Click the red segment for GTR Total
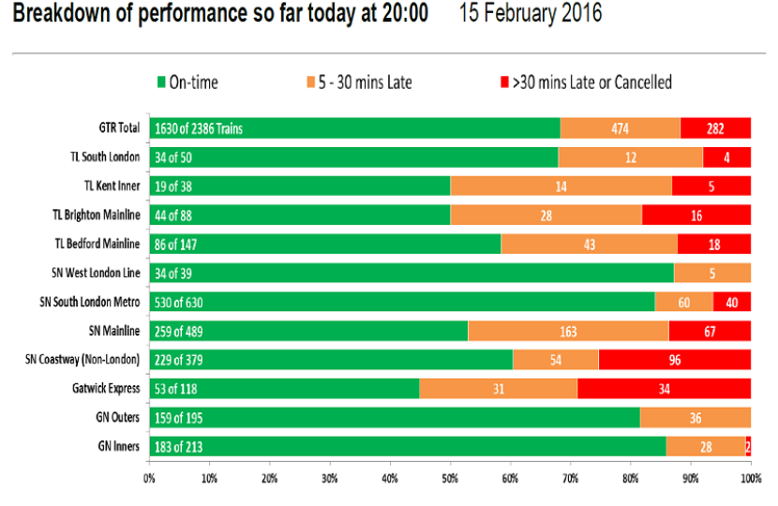(x=715, y=128)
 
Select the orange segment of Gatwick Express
(x=498, y=389)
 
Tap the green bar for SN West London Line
(x=411, y=273)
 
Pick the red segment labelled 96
(x=674, y=360)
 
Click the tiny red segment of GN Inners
(x=748, y=446)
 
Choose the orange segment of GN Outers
(x=696, y=418)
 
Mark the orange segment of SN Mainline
(x=568, y=331)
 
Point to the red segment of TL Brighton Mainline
(x=696, y=216)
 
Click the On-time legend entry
(x=187, y=82)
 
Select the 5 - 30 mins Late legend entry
(x=359, y=82)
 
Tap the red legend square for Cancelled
(x=504, y=82)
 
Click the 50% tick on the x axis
(x=450, y=479)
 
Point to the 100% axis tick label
(x=751, y=479)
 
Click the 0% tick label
(x=149, y=479)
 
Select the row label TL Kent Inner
(x=112, y=186)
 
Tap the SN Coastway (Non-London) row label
(x=82, y=359)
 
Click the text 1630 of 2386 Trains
(x=199, y=129)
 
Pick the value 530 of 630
(x=179, y=302)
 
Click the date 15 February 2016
(x=531, y=13)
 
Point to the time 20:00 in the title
(x=405, y=13)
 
